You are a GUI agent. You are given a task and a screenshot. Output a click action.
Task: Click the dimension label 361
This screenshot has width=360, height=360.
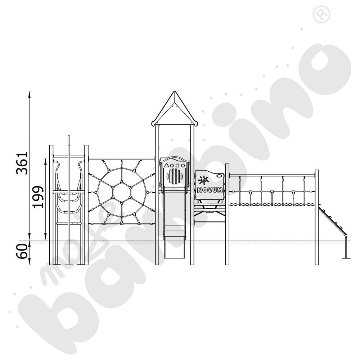22,163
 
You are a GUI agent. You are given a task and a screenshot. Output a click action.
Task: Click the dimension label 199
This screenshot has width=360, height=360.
38,197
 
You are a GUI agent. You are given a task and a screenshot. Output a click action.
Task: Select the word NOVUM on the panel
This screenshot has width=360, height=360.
210,190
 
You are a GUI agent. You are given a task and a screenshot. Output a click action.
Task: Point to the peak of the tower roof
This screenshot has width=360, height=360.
175,91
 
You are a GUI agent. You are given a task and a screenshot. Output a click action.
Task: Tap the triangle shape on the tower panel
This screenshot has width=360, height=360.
166,165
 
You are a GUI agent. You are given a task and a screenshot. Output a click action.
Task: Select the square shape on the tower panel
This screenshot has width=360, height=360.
177,165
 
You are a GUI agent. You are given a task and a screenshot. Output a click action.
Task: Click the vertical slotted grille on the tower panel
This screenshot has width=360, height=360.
175,176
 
